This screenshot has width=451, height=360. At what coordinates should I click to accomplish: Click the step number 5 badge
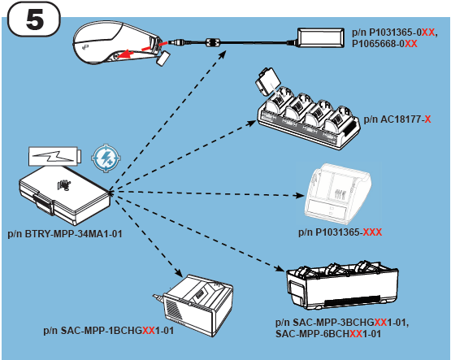(34, 20)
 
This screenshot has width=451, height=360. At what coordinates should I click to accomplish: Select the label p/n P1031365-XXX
(340, 232)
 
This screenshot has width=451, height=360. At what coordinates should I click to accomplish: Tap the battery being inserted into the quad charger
(267, 82)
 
